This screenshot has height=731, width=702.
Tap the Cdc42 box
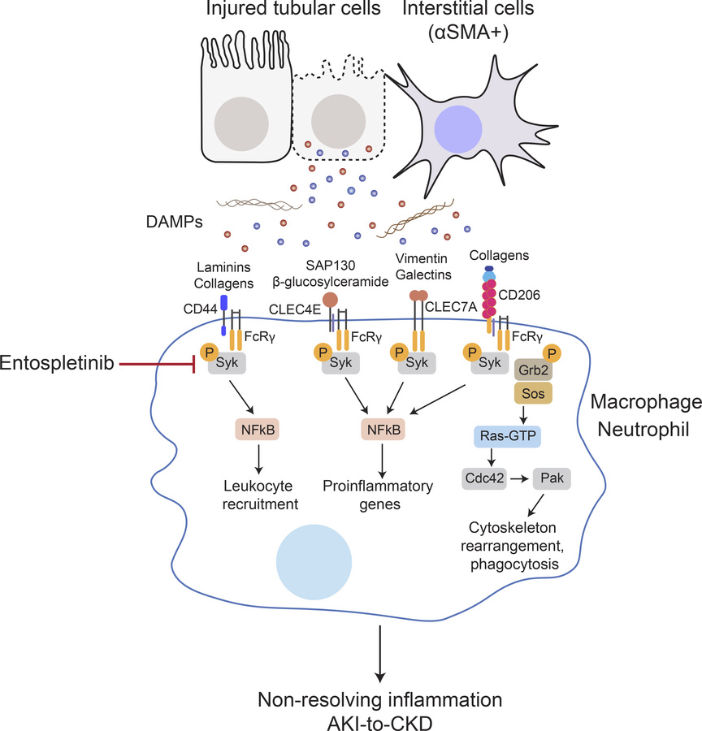tap(483, 478)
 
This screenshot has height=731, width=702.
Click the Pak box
tap(552, 478)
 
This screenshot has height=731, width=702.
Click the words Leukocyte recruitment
tap(261, 495)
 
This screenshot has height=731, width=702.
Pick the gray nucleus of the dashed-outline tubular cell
tap(337, 119)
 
